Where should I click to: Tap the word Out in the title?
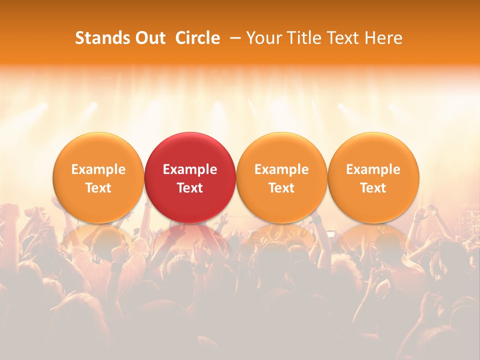pyautogui.click(x=150, y=38)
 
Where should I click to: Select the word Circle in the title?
pyautogui.click(x=197, y=38)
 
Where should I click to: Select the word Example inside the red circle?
pyautogui.click(x=190, y=169)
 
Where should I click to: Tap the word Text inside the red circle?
pyautogui.click(x=190, y=188)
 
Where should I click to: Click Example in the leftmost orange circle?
pyautogui.click(x=98, y=169)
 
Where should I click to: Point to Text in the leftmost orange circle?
pyautogui.click(x=98, y=188)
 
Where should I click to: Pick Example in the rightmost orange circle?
pyautogui.click(x=373, y=169)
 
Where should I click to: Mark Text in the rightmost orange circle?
pyautogui.click(x=373, y=188)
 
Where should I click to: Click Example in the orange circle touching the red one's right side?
pyautogui.click(x=281, y=169)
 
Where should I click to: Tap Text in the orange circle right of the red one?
pyautogui.click(x=281, y=188)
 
